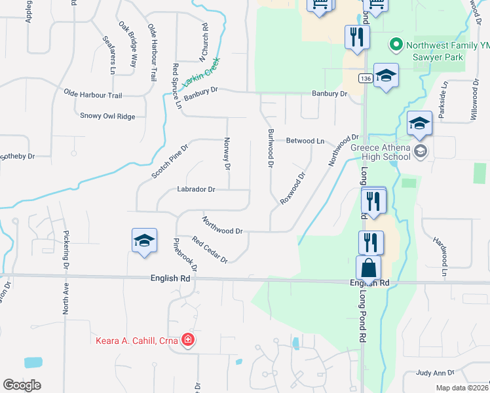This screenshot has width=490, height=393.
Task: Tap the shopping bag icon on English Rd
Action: coord(368,268)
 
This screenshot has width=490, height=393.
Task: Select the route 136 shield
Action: coord(366,79)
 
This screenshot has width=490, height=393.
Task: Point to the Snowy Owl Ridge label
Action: coord(107,116)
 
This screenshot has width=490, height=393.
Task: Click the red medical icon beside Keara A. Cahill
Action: coord(188,339)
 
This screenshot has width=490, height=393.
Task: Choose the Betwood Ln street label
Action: coord(305,141)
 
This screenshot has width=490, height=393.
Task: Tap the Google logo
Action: coord(22,385)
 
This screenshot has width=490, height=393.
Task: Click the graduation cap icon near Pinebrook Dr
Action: coord(144,240)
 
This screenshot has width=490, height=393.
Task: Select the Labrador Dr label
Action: coord(196,189)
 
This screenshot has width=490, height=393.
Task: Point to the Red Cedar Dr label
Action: coord(210,250)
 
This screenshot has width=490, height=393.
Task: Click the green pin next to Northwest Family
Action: coord(396,45)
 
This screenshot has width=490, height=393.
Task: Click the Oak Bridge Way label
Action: coord(128,45)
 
